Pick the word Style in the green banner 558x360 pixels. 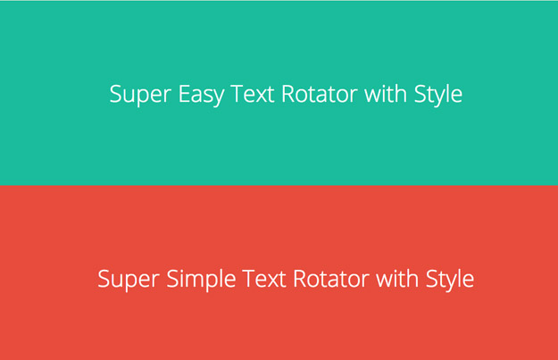click(438, 95)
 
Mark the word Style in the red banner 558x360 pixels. click(450, 279)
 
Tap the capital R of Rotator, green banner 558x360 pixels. click(287, 94)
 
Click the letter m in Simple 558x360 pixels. click(197, 280)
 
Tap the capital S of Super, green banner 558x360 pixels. click(115, 94)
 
